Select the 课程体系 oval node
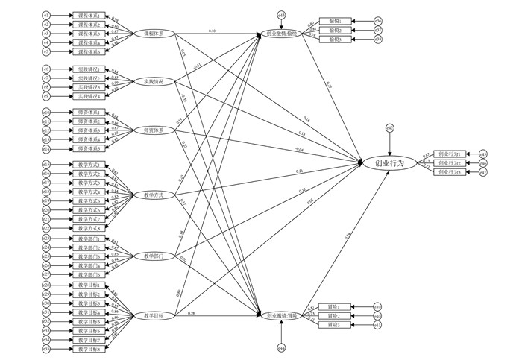click(x=154, y=34)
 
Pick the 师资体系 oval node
click(x=154, y=130)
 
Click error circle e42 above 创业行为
click(x=389, y=128)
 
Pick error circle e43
click(x=281, y=15)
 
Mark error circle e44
click(x=281, y=348)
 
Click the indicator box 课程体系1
click(x=89, y=15)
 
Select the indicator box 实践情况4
click(x=89, y=97)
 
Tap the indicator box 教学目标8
click(x=89, y=349)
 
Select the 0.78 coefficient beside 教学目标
click(x=192, y=312)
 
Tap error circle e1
click(x=45, y=15)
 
